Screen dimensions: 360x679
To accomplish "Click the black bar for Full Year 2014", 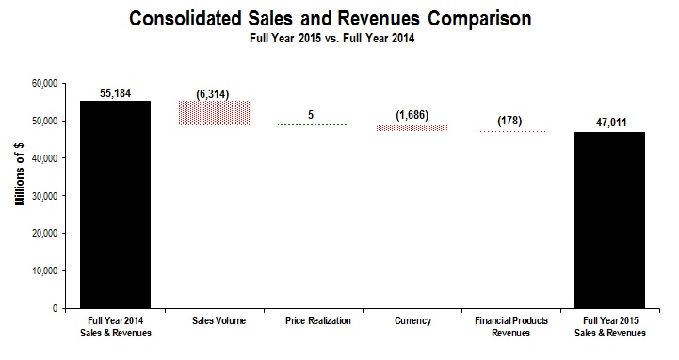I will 115,205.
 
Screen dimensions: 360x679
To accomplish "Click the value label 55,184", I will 115,93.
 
